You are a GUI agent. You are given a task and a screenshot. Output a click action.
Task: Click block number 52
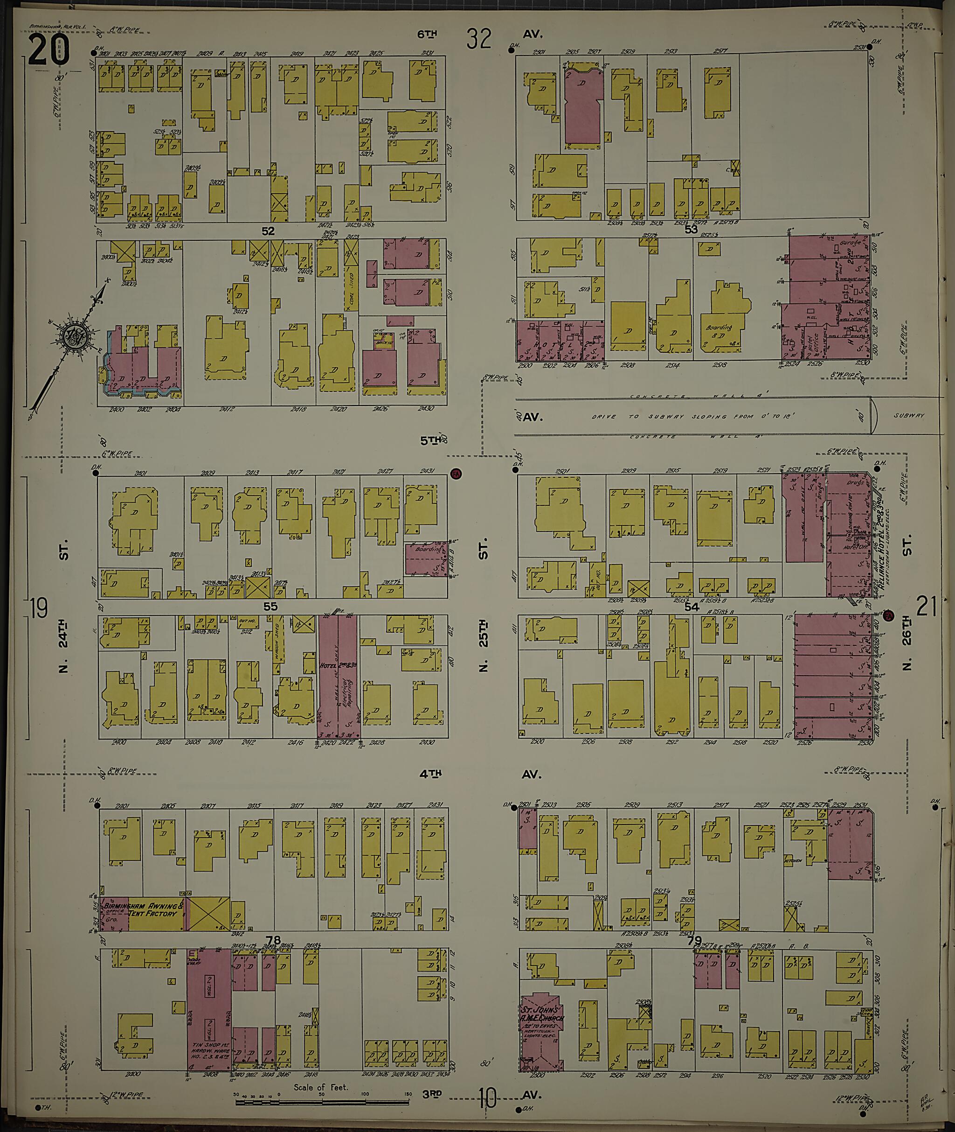(268, 231)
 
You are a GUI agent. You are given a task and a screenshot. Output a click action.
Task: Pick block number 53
(691, 229)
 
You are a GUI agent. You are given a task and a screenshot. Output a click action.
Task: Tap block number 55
(270, 607)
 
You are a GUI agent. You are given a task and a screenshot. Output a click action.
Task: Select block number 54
(692, 607)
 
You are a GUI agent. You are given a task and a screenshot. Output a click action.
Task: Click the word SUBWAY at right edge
(909, 415)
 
